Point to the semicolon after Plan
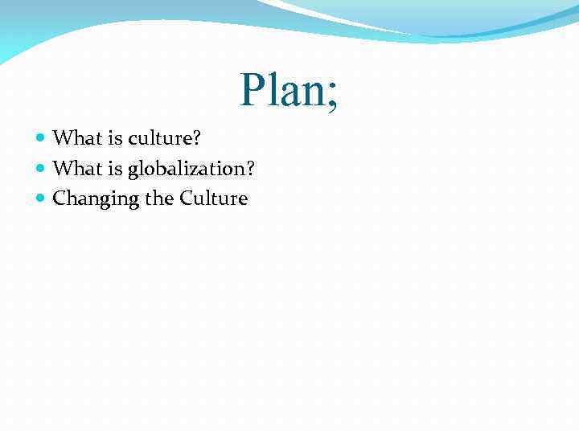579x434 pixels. click(332, 95)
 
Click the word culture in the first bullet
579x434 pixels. click(154, 138)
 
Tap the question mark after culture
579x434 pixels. click(195, 138)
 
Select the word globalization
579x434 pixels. click(184, 169)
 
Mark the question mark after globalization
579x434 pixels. click(250, 168)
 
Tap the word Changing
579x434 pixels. click(95, 199)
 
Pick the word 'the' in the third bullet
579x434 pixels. click(158, 199)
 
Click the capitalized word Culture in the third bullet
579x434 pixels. click(213, 199)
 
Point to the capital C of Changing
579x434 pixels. click(59, 199)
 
